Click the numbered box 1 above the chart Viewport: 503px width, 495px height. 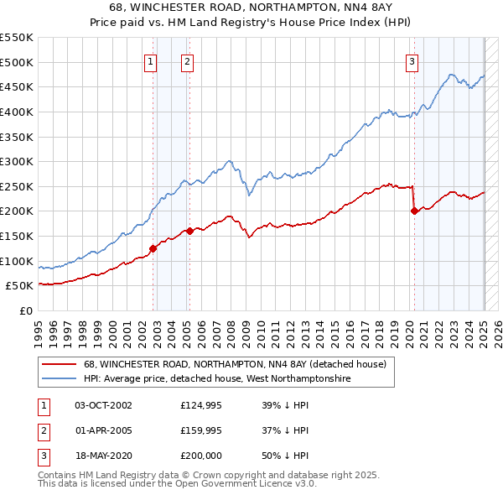[x=149, y=60]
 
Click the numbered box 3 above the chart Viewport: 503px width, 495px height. [x=412, y=60]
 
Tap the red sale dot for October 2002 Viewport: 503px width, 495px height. [x=153, y=248]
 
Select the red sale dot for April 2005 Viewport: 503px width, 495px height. [x=190, y=231]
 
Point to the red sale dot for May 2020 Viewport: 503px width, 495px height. [x=414, y=211]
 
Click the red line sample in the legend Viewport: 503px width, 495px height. [x=58, y=365]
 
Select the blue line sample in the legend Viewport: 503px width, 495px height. [x=58, y=379]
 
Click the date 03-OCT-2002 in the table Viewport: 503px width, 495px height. [x=103, y=405]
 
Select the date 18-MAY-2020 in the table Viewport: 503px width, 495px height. [x=103, y=456]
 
